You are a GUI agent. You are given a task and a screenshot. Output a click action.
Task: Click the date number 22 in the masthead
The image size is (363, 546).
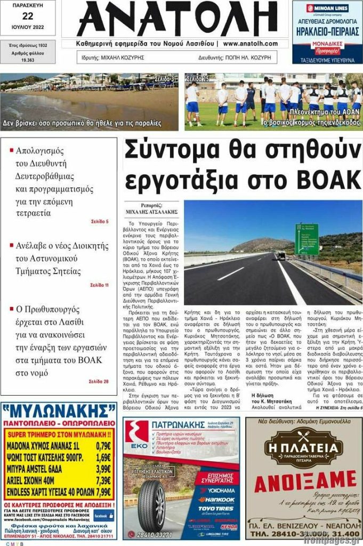point(27,16)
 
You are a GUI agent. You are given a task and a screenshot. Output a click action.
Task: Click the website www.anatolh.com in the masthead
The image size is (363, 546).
point(254,43)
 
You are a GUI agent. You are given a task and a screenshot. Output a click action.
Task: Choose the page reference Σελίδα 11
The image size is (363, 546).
point(99,285)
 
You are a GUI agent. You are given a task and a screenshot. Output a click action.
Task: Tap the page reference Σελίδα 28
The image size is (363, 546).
point(99,381)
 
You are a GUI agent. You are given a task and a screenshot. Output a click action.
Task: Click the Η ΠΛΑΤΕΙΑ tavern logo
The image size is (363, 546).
point(304,446)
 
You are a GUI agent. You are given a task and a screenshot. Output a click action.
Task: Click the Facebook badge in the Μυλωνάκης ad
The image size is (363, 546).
point(103,516)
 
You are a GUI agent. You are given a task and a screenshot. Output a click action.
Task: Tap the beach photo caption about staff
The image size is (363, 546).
point(82,123)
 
